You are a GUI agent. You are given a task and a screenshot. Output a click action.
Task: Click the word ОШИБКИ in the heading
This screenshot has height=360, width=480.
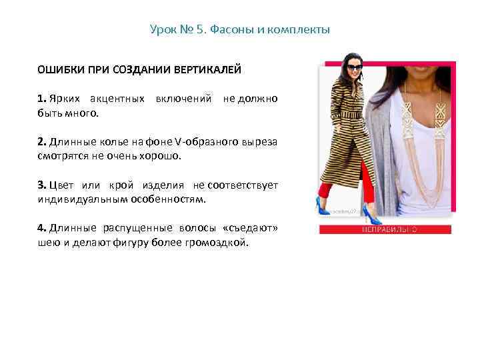[x=58, y=69]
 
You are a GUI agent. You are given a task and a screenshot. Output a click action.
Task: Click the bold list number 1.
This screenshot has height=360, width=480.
[x=41, y=99]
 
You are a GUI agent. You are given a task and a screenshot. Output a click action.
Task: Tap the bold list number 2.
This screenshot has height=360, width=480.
[x=41, y=141]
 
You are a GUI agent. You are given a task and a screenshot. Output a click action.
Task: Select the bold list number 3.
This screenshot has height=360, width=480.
[x=41, y=185]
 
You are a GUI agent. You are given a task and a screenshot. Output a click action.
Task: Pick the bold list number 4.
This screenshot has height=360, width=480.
[x=41, y=227]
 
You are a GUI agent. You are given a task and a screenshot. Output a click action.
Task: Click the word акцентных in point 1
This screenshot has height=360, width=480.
[x=120, y=99]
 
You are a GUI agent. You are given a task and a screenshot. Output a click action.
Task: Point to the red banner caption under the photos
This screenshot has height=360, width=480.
[x=385, y=229]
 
